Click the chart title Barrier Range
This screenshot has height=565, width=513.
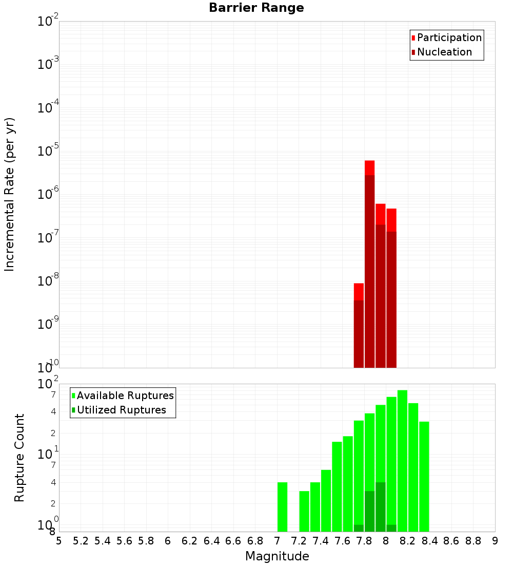[x=256, y=8]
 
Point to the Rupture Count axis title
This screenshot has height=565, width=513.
[x=19, y=458]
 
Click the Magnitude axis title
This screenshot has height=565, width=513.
[x=277, y=556]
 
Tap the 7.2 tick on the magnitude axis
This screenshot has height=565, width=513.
[x=299, y=541]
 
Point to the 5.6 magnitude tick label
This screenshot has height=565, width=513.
[x=124, y=541]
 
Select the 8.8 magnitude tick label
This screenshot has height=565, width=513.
[x=473, y=541]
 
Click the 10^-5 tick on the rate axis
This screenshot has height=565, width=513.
[x=48, y=151]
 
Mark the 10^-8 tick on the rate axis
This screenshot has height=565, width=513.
[x=48, y=281]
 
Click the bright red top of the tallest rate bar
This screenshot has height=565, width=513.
[x=369, y=167]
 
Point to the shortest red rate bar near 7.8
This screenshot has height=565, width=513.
[x=359, y=291]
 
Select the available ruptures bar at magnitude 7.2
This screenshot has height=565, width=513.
[x=304, y=511]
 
